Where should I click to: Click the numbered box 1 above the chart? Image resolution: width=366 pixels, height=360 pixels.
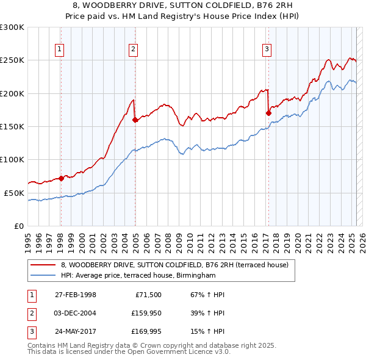pos(60,50)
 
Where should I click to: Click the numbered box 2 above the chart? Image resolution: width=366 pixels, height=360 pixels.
pos(133,50)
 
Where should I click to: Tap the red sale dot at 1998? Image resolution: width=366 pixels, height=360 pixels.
pos(61,178)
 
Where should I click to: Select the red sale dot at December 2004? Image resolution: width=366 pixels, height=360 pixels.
pos(135,120)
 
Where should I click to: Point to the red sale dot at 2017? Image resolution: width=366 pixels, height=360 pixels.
pos(268,113)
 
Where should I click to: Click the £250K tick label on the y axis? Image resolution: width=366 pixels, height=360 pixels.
pos(12,60)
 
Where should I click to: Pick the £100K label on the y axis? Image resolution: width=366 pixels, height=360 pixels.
pos(12,159)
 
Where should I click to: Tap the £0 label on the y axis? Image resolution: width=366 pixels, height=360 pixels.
pos(18,226)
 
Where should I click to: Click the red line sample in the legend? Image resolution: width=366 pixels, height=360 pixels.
pos(43,265)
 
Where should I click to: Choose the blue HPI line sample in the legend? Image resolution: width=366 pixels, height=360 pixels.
pos(43,275)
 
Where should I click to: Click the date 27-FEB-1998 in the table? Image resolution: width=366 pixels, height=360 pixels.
pos(76,295)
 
